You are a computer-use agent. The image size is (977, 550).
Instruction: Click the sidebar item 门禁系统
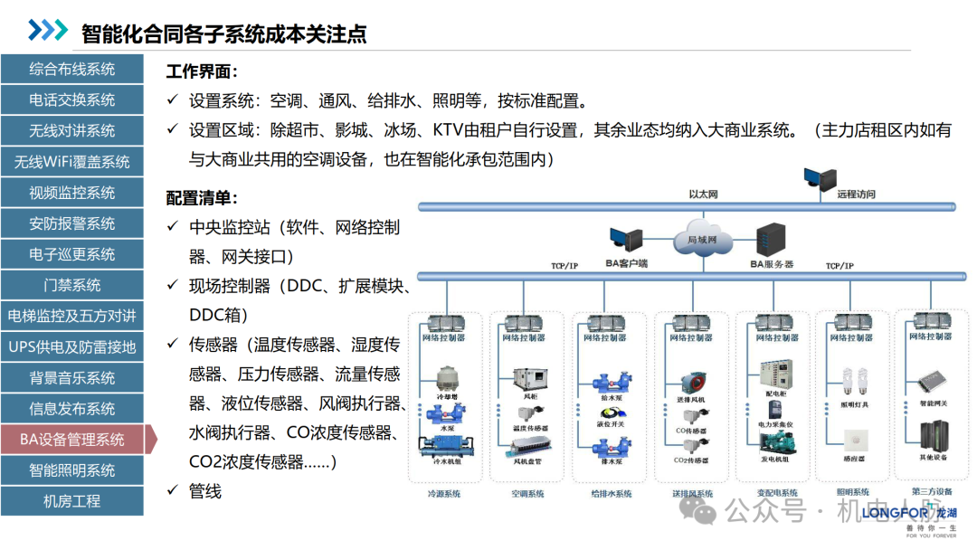point(71,285)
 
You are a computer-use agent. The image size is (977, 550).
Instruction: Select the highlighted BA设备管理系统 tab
point(71,440)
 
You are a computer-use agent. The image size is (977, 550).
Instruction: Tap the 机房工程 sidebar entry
point(71,501)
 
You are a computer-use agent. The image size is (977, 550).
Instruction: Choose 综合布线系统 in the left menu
point(71,69)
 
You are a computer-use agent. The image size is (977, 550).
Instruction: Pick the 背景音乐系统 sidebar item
point(71,378)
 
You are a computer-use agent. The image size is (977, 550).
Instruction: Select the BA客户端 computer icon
point(625,239)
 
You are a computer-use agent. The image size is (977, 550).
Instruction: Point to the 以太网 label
point(702,194)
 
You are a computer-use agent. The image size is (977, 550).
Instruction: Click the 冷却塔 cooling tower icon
point(447,378)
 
